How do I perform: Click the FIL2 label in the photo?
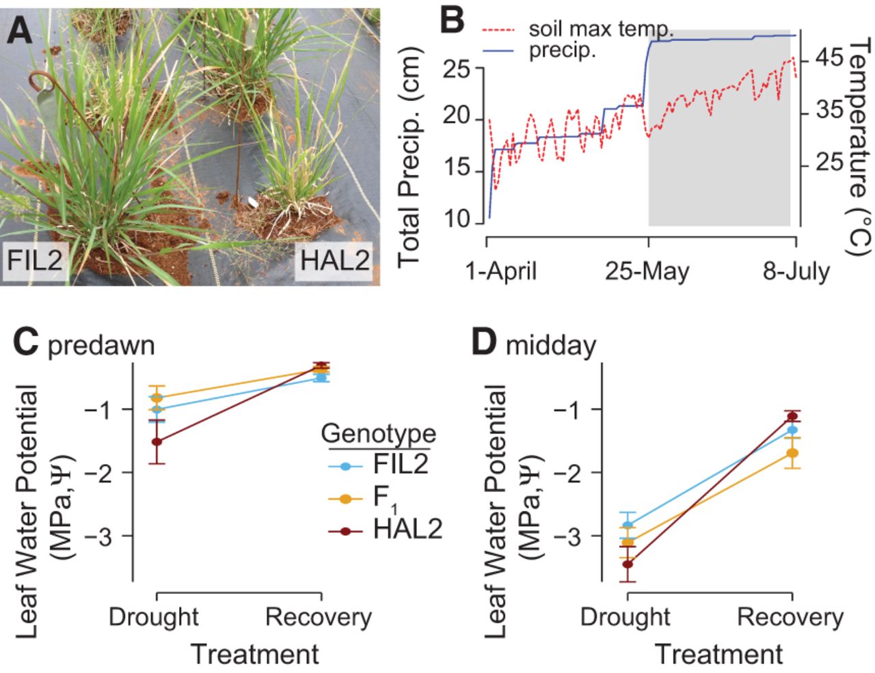tap(35, 260)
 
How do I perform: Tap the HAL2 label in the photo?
tap(335, 260)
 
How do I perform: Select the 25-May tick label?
tap(647, 271)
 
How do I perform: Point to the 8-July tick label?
tap(796, 271)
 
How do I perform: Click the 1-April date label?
tap(501, 271)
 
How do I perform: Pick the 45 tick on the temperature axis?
tap(829, 58)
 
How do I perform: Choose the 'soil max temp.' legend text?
tap(601, 29)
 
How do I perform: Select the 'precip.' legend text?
tap(563, 51)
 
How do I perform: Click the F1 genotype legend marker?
tap(346, 499)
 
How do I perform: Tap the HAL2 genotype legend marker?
tap(346, 532)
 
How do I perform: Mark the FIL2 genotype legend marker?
tap(346, 467)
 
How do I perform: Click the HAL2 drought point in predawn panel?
tap(157, 441)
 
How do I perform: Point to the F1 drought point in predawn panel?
tap(157, 398)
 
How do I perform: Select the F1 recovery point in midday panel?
tap(792, 453)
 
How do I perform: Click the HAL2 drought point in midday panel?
tap(628, 564)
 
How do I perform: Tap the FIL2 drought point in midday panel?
tap(628, 525)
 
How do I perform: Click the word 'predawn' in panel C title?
tap(101, 346)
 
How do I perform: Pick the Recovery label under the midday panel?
tap(790, 618)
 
